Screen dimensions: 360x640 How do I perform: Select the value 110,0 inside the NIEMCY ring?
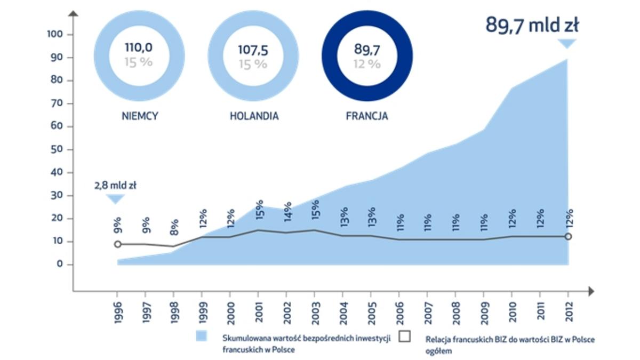click(139, 47)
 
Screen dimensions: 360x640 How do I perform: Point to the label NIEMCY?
click(140, 116)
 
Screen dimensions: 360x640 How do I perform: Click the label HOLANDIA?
click(254, 116)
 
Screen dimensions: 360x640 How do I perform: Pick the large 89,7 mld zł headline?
click(532, 25)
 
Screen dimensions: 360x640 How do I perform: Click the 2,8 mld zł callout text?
click(116, 186)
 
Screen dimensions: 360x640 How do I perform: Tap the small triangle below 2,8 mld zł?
click(115, 198)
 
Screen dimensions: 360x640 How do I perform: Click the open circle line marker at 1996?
click(117, 244)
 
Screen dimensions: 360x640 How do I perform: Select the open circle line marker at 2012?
click(568, 236)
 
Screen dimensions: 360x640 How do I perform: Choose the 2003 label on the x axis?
click(315, 313)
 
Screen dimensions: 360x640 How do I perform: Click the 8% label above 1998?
click(174, 226)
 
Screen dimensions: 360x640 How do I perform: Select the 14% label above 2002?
click(287, 212)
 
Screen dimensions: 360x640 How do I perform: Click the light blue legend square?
click(202, 337)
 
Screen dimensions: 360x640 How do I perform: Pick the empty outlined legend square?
click(405, 337)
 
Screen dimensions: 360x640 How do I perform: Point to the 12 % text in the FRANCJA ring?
click(367, 64)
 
